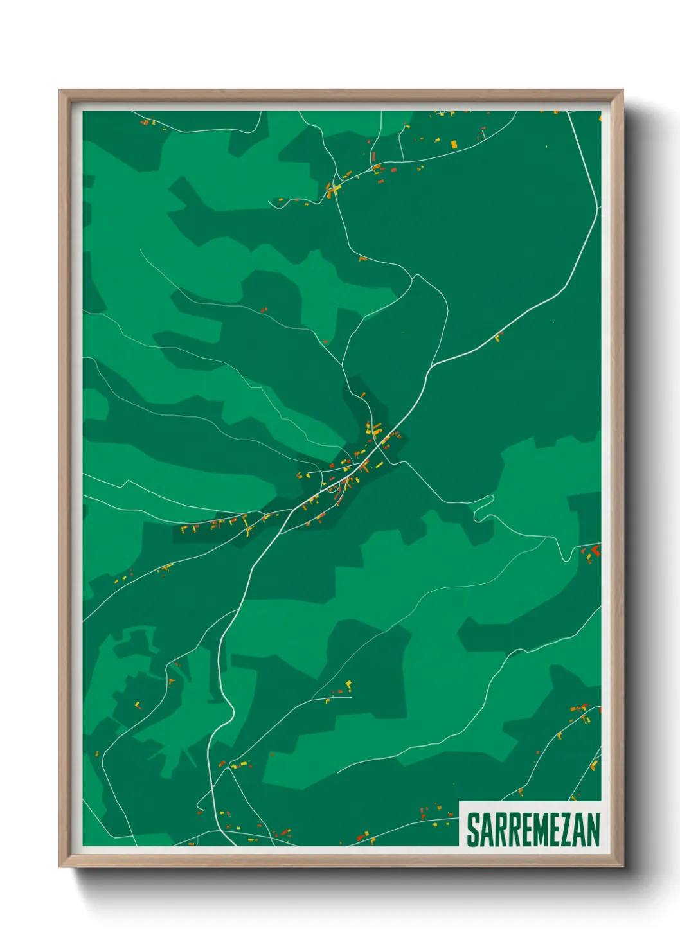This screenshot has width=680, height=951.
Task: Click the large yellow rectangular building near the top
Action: [454, 144]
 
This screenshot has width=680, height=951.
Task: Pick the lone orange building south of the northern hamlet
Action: [362, 259]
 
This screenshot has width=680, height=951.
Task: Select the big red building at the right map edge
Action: [595, 550]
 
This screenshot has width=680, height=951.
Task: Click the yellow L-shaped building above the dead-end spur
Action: [349, 684]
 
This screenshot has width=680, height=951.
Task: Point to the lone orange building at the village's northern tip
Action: [363, 394]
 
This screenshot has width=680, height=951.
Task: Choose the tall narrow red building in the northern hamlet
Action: [373, 156]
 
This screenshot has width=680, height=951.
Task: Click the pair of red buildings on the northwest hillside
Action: [264, 310]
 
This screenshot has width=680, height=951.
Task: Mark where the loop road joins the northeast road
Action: [431, 367]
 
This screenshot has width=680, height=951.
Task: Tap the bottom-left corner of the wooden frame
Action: [60, 866]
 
